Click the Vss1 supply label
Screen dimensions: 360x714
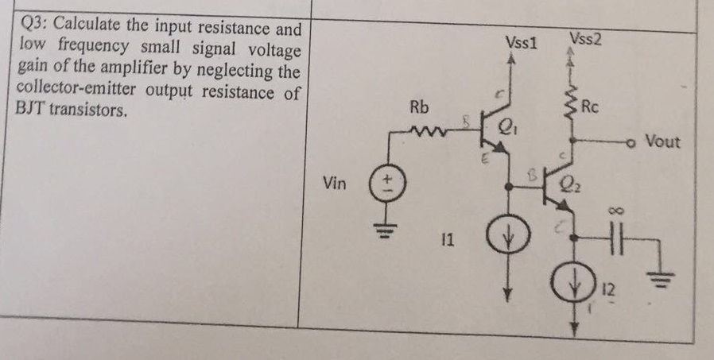(x=521, y=42)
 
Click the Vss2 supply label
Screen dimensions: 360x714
(x=585, y=38)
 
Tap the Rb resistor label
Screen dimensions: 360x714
(x=420, y=106)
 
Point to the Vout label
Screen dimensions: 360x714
(x=662, y=141)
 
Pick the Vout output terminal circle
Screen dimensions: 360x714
(x=632, y=142)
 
